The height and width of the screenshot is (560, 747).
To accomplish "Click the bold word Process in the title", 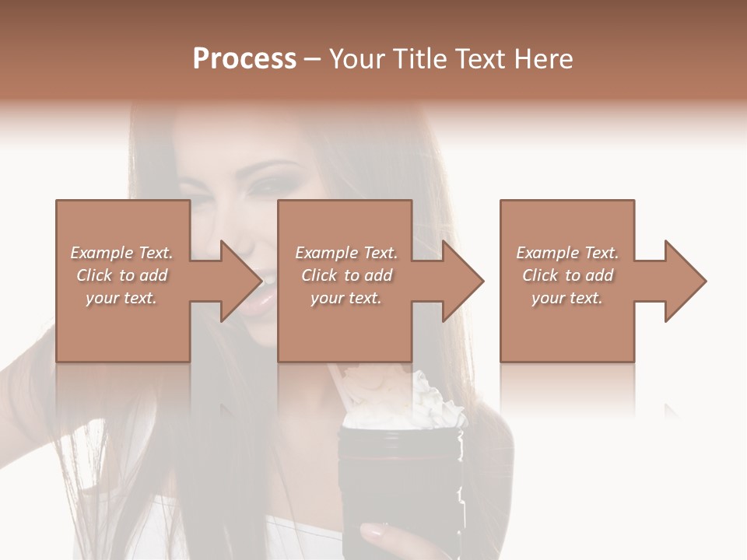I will click(244, 59).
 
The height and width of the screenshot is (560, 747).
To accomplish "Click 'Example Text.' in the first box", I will click(122, 253).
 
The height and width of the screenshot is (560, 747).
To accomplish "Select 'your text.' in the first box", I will click(122, 298).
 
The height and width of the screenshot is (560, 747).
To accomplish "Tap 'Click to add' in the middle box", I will click(347, 275).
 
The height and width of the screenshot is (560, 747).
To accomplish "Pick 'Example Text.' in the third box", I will click(567, 253).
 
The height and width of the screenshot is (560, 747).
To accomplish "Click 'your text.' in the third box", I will click(567, 298).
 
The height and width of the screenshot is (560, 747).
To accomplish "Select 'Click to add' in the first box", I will click(122, 275).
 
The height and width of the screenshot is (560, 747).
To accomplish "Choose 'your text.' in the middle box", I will click(347, 298).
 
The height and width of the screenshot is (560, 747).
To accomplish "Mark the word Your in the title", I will click(357, 59).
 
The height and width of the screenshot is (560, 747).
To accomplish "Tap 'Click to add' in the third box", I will click(567, 275).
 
